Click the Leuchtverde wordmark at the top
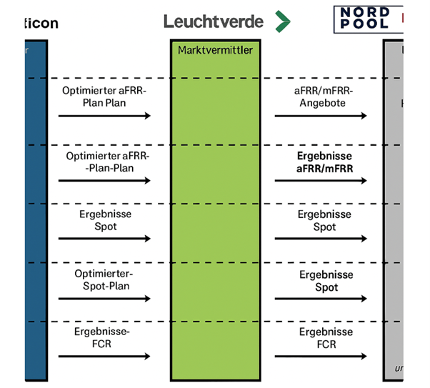coord(213,21)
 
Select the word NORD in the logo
coord(365,13)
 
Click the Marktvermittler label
coord(211,51)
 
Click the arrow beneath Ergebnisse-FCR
coord(104,356)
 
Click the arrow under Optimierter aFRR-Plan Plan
coord(104,116)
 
